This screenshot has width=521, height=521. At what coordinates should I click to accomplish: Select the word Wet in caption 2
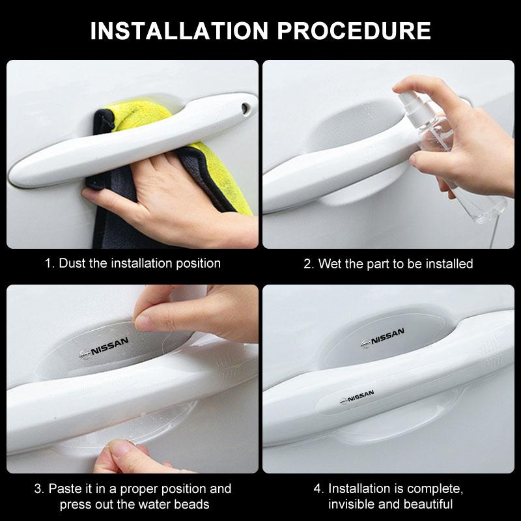[x=330, y=264]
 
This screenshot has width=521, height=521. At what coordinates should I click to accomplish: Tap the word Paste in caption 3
[x=64, y=488]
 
